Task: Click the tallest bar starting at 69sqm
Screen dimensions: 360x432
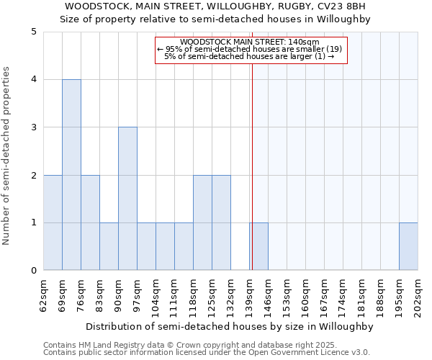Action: tap(71, 175)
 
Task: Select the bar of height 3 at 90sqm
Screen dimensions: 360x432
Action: tap(127, 199)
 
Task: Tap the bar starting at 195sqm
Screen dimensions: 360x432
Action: tap(408, 247)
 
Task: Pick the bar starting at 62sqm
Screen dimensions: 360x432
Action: tap(53, 222)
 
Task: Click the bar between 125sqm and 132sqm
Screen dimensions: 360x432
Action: tap(221, 222)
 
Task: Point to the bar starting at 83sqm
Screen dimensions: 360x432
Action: tap(109, 247)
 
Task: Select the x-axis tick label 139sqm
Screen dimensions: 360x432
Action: tap(250, 296)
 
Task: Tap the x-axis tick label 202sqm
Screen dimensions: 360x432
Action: tap(418, 296)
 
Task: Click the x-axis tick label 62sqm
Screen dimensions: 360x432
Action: tap(45, 296)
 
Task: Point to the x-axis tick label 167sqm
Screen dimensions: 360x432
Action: tap(325, 296)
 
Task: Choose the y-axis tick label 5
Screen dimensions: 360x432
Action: tap(33, 32)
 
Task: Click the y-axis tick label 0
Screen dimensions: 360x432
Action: tap(33, 271)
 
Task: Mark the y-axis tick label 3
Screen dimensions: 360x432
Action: tap(33, 127)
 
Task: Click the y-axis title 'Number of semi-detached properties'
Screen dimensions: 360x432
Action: tap(7, 156)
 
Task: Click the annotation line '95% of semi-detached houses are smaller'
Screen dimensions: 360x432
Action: tap(249, 49)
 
